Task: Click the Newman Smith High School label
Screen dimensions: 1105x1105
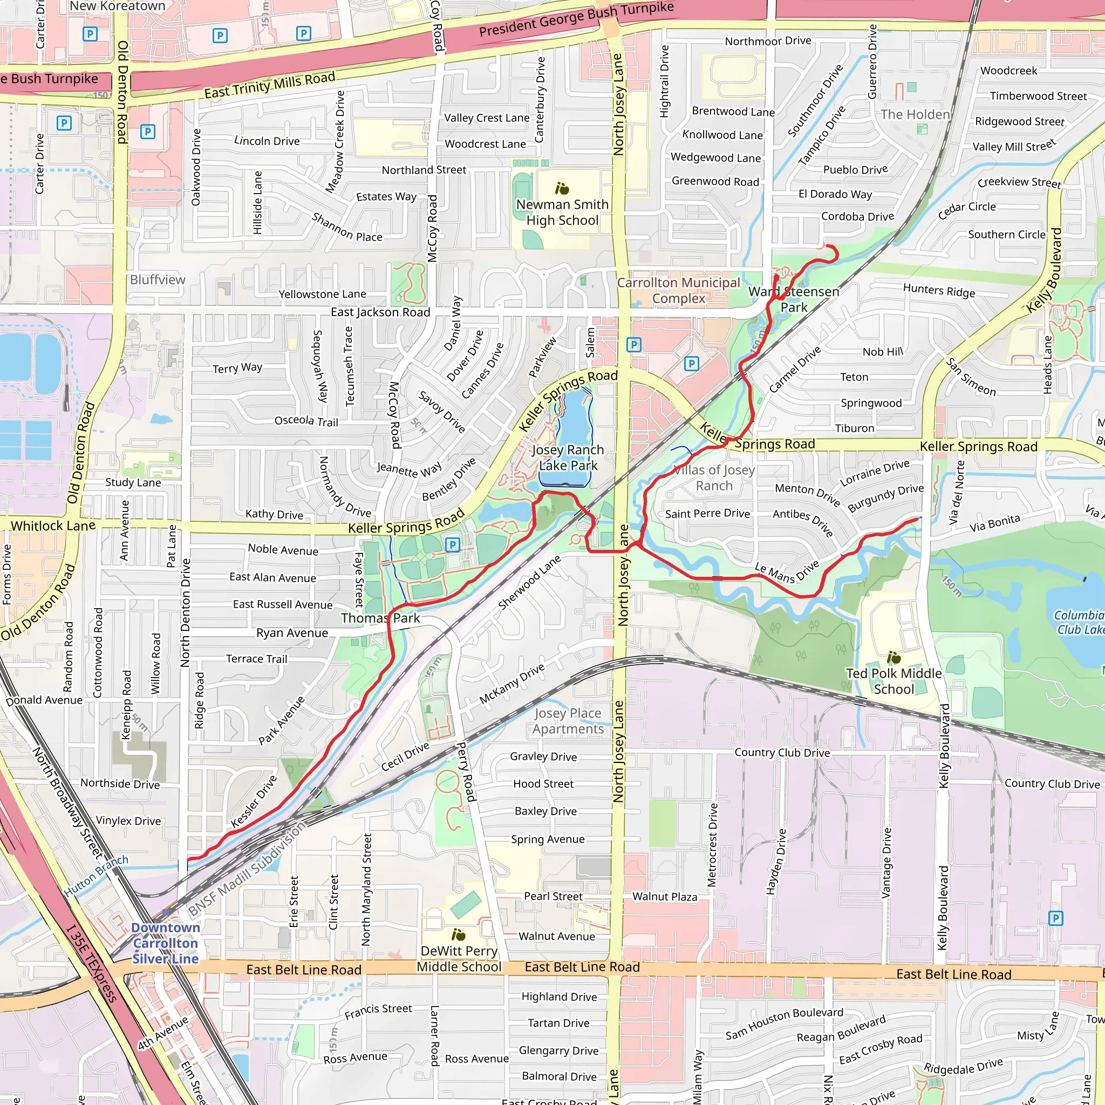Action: pos(562,212)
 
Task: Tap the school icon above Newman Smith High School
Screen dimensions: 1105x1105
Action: pos(562,188)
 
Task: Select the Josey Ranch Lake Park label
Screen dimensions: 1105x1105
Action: pos(568,458)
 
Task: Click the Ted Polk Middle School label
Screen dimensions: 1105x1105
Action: pos(893,681)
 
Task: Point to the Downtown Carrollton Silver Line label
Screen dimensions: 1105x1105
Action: pos(165,943)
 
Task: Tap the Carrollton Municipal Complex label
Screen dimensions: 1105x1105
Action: pos(678,291)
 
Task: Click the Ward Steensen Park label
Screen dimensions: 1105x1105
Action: pos(794,299)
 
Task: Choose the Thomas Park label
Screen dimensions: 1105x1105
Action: pos(380,618)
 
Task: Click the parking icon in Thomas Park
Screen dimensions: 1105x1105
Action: pos(452,544)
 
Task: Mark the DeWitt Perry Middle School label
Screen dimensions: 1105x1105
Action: pos(459,959)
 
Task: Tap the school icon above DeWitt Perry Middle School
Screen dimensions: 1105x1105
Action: pos(459,935)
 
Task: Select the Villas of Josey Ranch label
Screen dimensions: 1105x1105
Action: pos(714,478)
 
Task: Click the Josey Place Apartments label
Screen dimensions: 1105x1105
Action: pos(568,721)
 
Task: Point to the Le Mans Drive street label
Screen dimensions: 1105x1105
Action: pos(787,572)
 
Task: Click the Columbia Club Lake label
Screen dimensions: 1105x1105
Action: pos(1079,622)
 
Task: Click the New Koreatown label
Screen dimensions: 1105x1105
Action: pos(117,6)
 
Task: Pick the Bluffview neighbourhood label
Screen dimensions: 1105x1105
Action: pos(158,279)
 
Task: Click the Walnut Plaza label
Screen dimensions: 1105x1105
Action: pos(665,896)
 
